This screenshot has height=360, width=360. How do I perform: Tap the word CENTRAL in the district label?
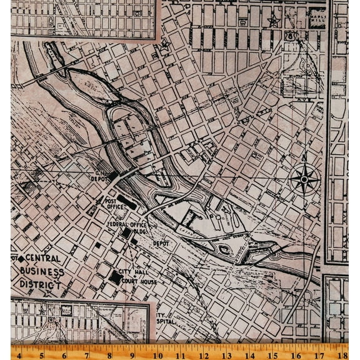42,258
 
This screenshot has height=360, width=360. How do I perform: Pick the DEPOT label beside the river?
162,243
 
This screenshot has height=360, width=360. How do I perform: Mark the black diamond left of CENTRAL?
21,258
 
